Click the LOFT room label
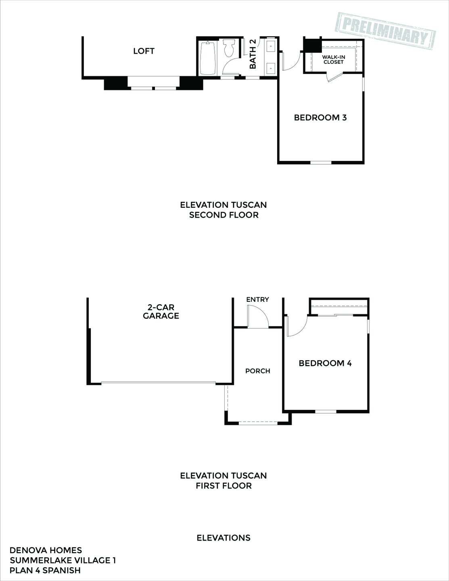144,51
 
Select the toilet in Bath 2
229,48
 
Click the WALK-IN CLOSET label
333,60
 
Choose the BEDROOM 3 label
320,118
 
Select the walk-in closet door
335,77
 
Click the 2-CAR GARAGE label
161,311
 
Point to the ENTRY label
257,299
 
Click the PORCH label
257,371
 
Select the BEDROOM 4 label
325,363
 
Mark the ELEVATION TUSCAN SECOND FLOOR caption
223,210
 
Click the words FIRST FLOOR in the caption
223,486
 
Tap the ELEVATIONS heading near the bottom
223,538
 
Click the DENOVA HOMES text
46,550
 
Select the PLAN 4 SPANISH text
45,571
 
